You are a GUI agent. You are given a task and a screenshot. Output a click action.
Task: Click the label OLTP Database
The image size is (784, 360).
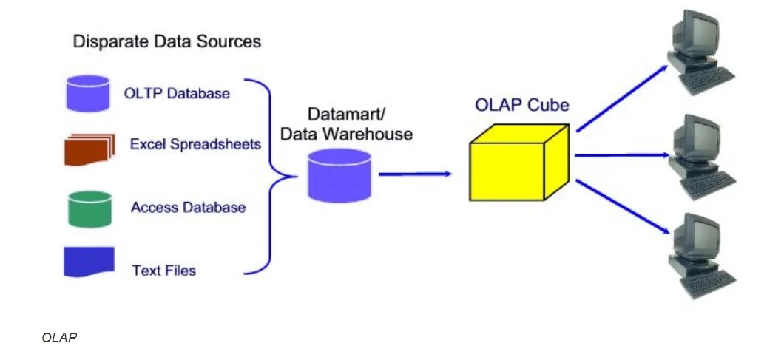(x=177, y=94)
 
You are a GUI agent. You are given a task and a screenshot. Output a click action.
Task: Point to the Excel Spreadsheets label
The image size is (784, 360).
(x=195, y=144)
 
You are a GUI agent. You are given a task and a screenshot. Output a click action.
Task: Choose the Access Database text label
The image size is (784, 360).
(x=188, y=208)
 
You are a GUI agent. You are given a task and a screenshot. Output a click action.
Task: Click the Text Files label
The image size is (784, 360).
(x=164, y=271)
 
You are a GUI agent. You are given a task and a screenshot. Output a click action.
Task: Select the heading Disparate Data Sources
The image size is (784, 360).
(x=166, y=41)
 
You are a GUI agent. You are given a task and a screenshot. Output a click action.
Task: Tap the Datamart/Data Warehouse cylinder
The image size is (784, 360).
(x=339, y=175)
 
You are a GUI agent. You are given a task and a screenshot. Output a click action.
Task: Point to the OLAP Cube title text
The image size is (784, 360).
(x=522, y=105)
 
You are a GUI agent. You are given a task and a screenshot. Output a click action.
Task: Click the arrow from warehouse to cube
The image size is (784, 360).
(x=414, y=174)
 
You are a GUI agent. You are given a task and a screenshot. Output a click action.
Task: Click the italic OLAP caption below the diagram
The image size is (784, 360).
(x=60, y=338)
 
